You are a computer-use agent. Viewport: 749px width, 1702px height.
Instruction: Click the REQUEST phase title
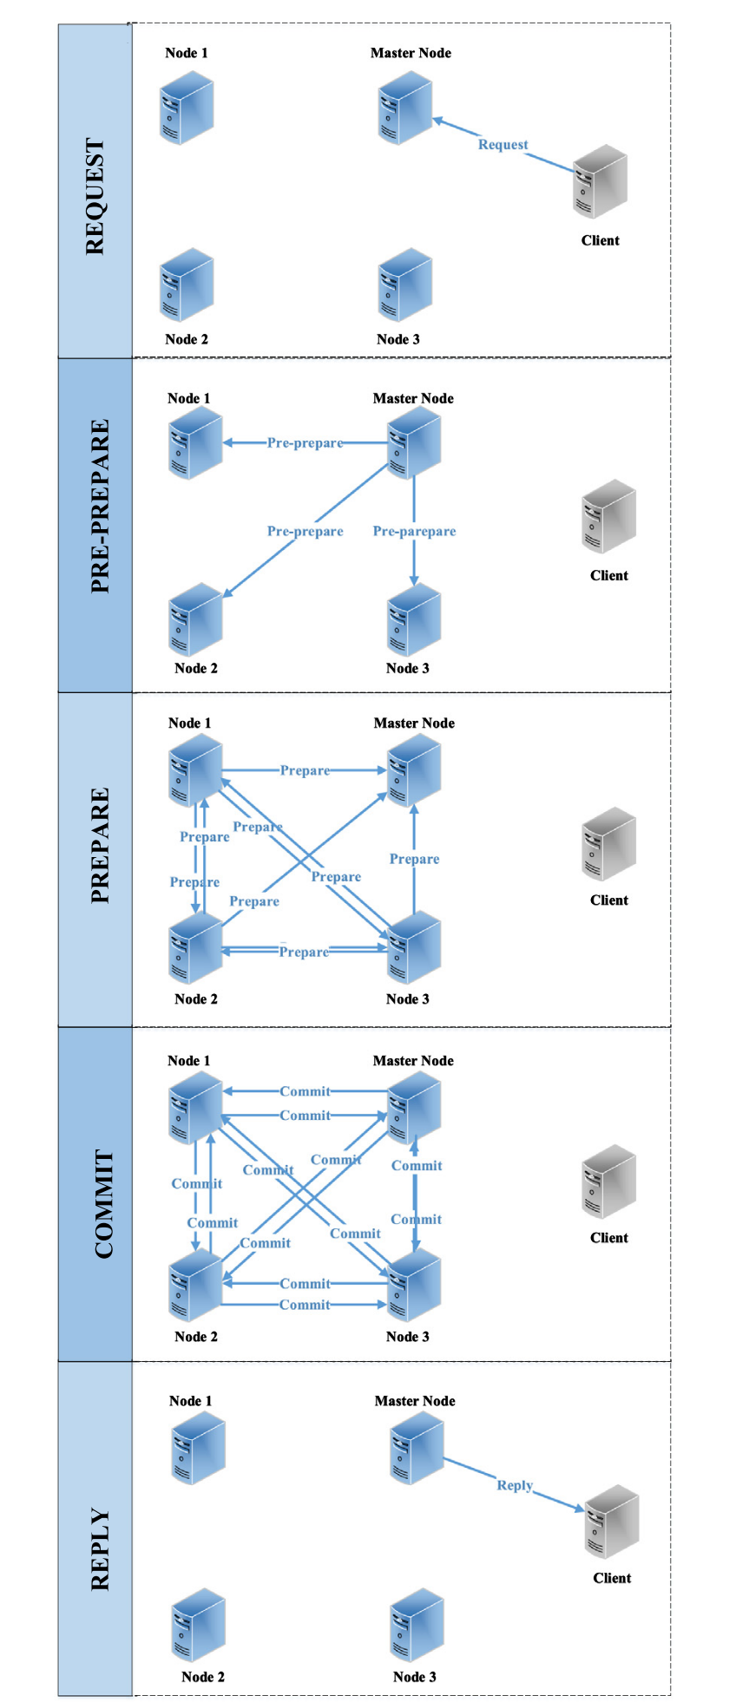[95, 196]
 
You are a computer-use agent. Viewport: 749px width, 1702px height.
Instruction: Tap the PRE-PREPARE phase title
[101, 506]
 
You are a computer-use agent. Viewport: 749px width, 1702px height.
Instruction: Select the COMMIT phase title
[103, 1203]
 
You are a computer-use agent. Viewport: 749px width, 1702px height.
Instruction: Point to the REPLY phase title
[101, 1549]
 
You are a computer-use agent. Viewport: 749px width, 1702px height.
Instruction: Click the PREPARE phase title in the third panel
[101, 846]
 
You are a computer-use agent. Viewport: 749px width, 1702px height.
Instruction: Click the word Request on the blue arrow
[503, 145]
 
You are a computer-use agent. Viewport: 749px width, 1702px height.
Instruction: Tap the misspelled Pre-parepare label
[414, 531]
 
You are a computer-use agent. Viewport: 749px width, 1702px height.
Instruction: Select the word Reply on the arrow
[515, 1485]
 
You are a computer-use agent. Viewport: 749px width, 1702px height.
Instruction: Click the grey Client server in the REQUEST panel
[600, 181]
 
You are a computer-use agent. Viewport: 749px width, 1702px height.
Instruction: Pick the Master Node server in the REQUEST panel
[405, 108]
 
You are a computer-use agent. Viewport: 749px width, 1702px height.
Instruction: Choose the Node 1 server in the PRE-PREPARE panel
[195, 442]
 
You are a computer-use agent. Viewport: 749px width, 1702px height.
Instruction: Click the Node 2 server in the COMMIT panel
[195, 1286]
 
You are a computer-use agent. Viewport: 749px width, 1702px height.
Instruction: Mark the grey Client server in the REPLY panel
[612, 1521]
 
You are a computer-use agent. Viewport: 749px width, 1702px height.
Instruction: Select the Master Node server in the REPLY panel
[417, 1448]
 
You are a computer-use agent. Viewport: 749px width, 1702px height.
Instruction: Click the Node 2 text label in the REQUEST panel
[187, 339]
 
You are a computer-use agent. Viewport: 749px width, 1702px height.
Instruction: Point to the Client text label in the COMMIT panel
[609, 1238]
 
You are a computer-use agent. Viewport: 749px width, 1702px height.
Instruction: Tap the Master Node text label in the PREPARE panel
[414, 723]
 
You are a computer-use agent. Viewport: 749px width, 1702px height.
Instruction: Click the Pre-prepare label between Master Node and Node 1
[305, 442]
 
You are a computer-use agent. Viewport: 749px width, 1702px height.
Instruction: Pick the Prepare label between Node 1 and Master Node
[305, 770]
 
